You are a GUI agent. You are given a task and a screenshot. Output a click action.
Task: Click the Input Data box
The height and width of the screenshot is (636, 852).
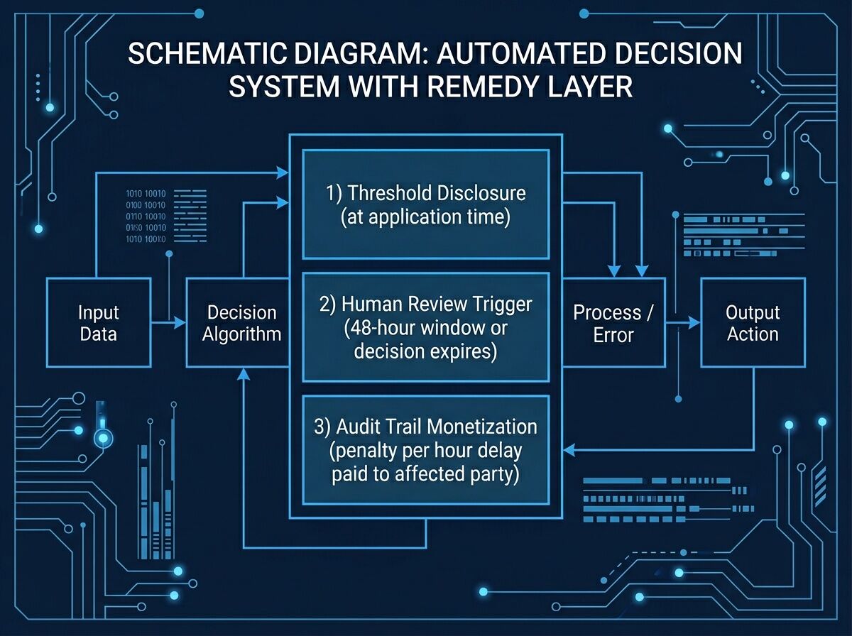pyautogui.click(x=98, y=323)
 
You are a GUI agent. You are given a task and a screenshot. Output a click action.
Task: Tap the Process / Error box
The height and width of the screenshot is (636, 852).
pyautogui.click(x=613, y=323)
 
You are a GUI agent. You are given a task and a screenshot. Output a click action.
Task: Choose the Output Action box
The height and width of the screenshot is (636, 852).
pyautogui.click(x=753, y=323)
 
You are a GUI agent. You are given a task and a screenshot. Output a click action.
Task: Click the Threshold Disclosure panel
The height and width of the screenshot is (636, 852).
pyautogui.click(x=425, y=204)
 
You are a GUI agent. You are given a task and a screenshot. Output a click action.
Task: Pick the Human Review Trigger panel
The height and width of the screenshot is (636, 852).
pyautogui.click(x=425, y=327)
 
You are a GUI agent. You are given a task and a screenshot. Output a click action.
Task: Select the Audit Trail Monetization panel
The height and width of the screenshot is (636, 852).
pyautogui.click(x=425, y=450)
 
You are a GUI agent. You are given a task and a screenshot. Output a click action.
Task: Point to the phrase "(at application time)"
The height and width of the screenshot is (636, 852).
pyautogui.click(x=425, y=217)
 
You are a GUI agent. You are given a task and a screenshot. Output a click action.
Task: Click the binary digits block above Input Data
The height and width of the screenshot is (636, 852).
pyautogui.click(x=146, y=216)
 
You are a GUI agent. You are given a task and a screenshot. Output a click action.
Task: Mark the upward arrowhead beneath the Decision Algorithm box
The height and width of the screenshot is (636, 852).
pyautogui.click(x=244, y=373)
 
